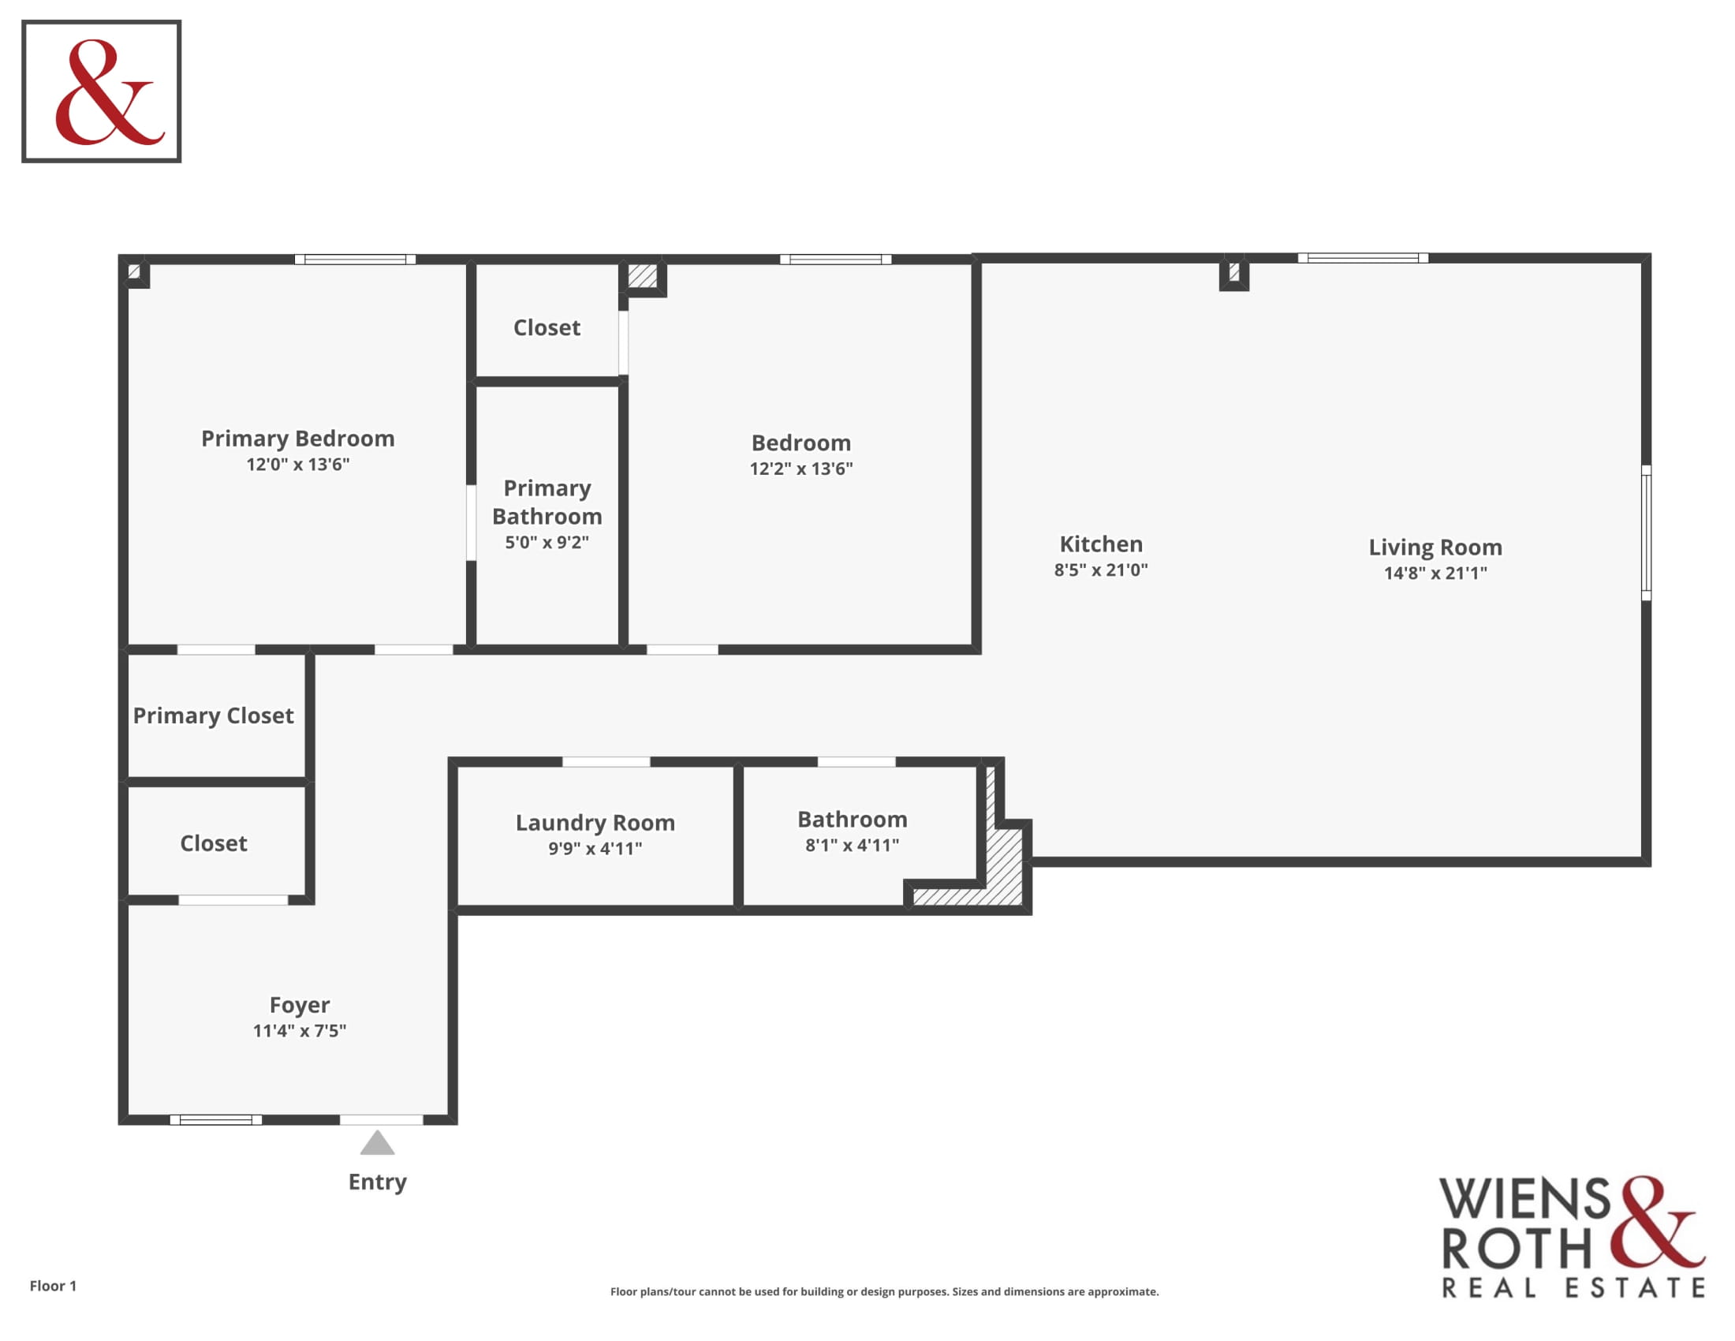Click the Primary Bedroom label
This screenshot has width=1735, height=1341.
point(297,439)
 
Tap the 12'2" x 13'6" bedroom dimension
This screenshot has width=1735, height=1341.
point(800,469)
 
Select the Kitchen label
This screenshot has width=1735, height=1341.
point(1101,544)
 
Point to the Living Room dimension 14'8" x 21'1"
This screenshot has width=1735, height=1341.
point(1435,573)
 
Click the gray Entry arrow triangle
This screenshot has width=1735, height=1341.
point(377,1143)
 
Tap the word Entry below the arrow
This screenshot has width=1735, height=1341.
point(377,1182)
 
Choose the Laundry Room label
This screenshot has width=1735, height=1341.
point(595,822)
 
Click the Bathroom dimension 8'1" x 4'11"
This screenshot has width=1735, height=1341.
point(853,846)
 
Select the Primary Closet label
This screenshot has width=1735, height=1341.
point(213,715)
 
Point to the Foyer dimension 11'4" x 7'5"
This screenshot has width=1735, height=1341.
point(300,1031)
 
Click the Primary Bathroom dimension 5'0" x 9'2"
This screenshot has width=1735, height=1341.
point(547,543)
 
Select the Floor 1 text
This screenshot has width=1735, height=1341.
point(53,1286)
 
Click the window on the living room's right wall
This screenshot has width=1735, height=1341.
point(1646,532)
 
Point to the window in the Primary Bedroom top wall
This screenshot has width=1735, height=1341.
point(355,259)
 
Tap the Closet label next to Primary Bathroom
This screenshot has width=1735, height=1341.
point(547,327)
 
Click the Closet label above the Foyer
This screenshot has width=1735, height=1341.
point(213,843)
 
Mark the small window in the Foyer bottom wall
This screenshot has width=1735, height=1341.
point(216,1119)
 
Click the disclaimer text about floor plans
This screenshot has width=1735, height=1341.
point(884,1292)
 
